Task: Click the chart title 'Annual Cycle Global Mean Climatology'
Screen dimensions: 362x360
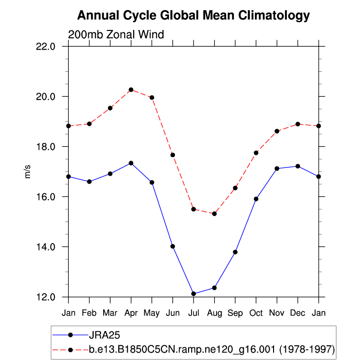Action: point(194,16)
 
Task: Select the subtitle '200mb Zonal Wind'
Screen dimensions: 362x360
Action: point(116,34)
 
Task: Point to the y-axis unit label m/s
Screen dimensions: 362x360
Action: point(28,171)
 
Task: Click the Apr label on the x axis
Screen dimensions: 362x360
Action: point(131,313)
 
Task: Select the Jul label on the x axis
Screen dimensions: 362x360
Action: point(194,313)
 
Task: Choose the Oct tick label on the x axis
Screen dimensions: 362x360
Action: point(256,313)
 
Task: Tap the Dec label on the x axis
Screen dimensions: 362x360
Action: point(298,313)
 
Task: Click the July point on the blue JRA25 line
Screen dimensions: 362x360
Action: point(194,294)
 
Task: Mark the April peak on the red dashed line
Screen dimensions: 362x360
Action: point(131,90)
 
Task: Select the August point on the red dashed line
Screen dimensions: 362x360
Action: point(214,214)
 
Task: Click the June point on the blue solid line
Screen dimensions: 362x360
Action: point(173,246)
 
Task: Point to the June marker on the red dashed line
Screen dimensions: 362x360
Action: point(173,155)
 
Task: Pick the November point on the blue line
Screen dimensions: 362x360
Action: point(277,168)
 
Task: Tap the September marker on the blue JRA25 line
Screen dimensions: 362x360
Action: point(235,252)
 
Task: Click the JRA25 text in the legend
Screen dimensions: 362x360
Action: point(105,335)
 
